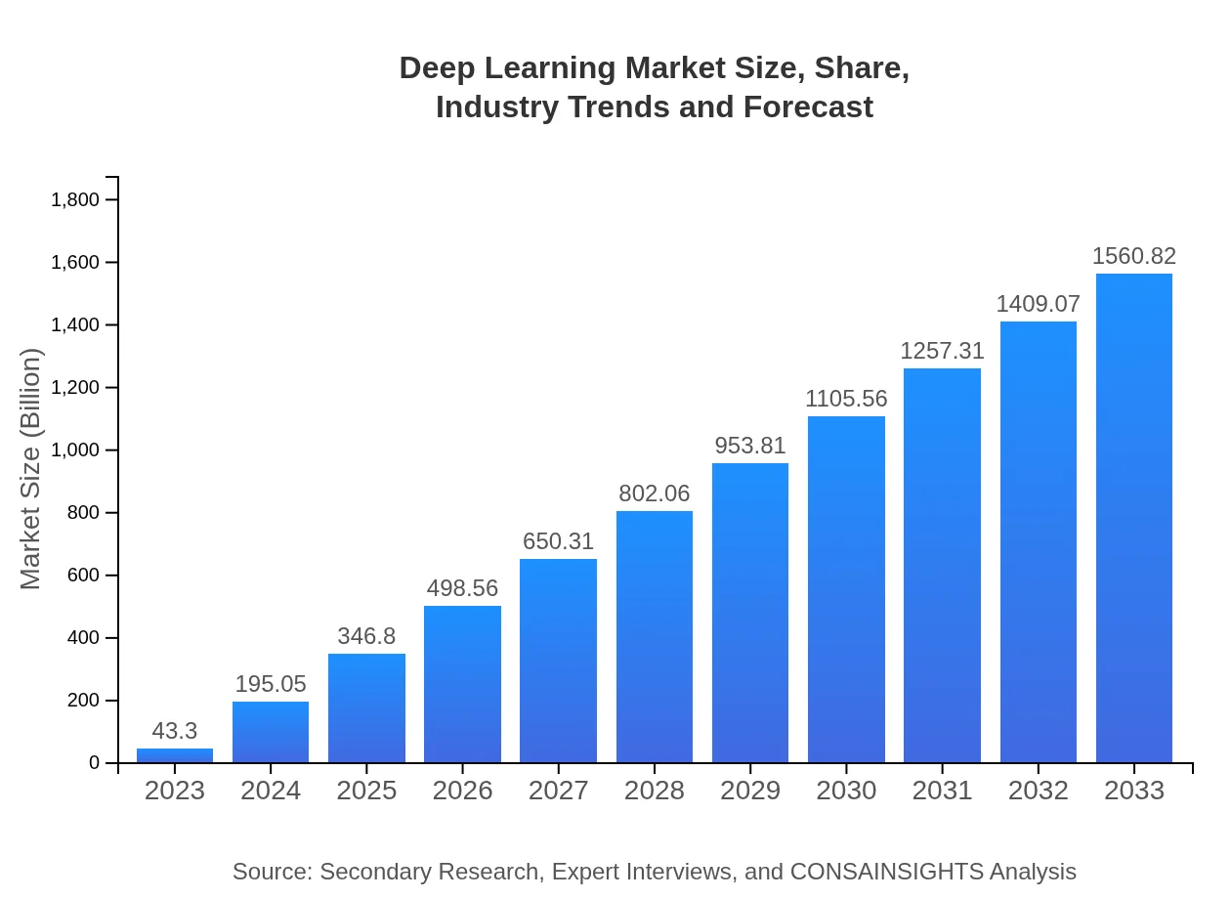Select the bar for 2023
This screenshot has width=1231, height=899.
tap(175, 755)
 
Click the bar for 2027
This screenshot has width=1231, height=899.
tap(558, 661)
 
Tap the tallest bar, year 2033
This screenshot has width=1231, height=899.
tap(1133, 518)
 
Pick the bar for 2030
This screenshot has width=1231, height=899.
tap(846, 589)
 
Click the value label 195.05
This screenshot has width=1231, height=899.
tap(271, 684)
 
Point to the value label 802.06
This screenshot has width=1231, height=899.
tap(654, 493)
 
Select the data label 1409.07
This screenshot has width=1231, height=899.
tap(1038, 304)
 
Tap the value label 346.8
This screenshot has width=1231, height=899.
tap(366, 636)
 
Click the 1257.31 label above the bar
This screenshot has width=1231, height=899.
tap(942, 351)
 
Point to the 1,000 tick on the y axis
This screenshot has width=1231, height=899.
tap(75, 450)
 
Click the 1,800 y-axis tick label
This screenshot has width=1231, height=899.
tap(75, 200)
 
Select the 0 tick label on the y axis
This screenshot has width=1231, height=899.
tap(95, 763)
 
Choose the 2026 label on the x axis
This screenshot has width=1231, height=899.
tap(462, 791)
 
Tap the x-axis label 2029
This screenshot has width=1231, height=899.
tap(750, 791)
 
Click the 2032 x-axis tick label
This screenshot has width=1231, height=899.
tap(1038, 791)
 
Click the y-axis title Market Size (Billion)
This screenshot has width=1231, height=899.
tap(31, 469)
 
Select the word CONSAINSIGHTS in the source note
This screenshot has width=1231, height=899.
tap(886, 872)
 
